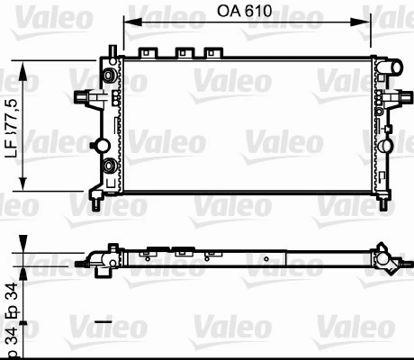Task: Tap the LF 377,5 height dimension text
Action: [x=11, y=125]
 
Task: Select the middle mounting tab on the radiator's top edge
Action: [x=186, y=52]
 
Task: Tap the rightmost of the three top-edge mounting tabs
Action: [x=212, y=52]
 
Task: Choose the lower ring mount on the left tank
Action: [x=109, y=166]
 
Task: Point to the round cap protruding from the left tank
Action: [x=102, y=145]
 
